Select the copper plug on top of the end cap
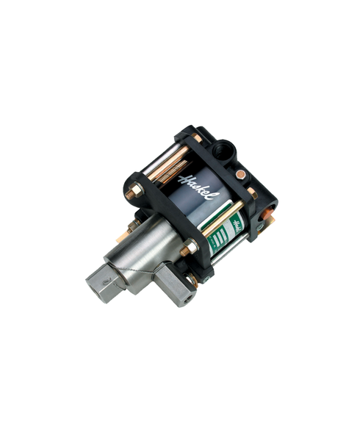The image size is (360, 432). pos(241,175)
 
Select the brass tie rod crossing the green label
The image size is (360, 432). pos(220,221)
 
